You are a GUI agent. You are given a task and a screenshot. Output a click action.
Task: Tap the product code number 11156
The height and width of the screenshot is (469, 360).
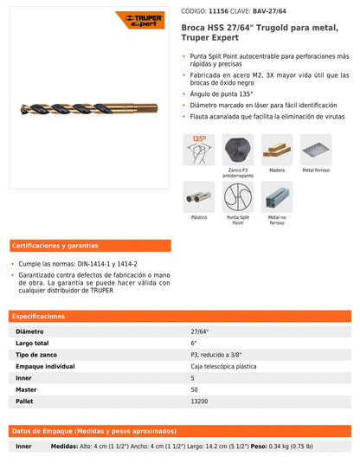tap(231, 11)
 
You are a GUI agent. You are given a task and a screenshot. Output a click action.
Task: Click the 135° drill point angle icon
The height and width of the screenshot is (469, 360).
tap(199, 149)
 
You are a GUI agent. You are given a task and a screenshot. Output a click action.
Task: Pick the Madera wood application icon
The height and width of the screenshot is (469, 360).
tap(276, 149)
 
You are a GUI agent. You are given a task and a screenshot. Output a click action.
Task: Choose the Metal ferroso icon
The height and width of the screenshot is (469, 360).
tap(315, 149)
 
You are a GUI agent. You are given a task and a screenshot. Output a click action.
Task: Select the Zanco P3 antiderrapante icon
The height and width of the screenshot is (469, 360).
tap(238, 149)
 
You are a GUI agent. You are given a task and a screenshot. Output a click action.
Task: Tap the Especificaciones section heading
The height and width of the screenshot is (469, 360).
tap(39, 317)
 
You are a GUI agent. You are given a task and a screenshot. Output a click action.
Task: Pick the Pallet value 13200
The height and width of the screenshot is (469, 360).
tap(200, 402)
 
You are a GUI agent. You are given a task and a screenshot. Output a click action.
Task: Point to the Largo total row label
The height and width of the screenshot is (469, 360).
tap(34, 344)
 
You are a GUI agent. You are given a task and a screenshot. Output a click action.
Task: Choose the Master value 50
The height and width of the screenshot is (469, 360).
tap(195, 390)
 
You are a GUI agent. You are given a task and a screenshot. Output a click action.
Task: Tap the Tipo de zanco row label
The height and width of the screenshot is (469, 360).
tap(38, 355)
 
